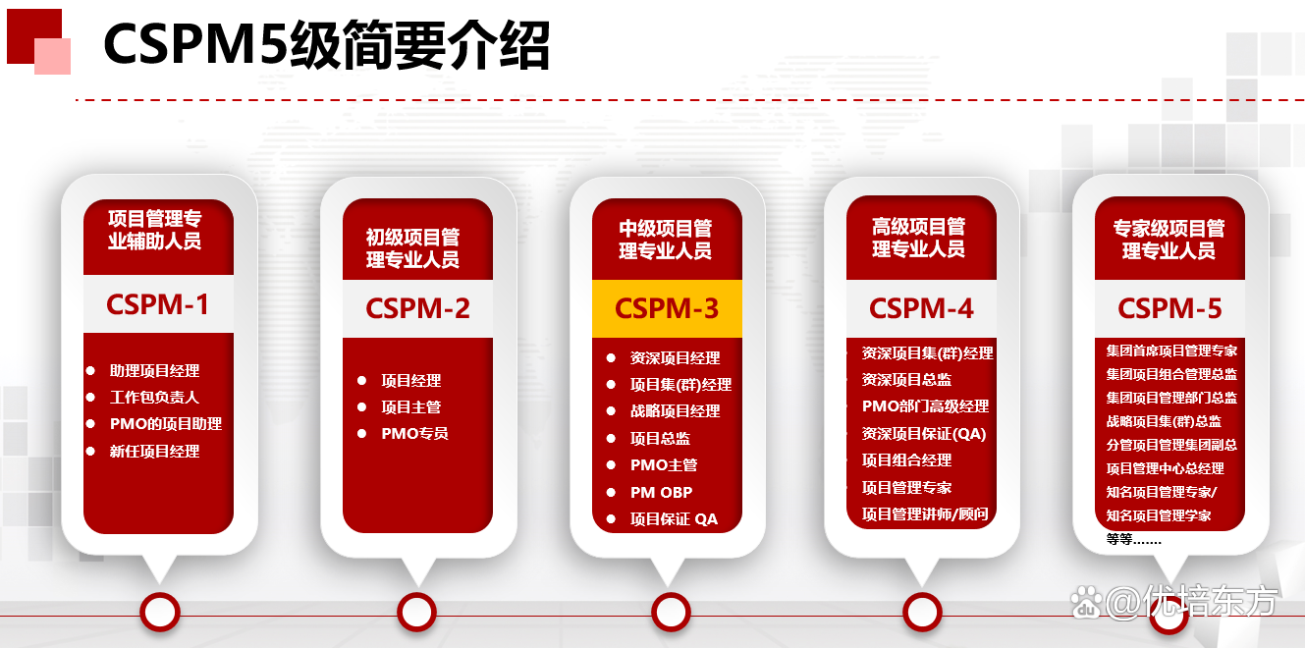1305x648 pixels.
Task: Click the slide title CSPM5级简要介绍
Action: [326, 45]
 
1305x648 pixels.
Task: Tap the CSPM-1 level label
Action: [158, 304]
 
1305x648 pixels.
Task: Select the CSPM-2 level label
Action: [417, 308]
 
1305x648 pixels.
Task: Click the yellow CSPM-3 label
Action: [667, 308]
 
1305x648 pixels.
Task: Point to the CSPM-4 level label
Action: [921, 308]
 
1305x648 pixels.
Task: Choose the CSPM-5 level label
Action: [1169, 308]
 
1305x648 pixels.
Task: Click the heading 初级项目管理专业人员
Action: [412, 248]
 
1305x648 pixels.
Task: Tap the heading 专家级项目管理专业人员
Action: [1169, 239]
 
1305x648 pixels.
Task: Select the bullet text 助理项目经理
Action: [155, 371]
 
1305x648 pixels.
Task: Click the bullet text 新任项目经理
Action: [155, 452]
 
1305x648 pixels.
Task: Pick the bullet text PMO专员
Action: [414, 433]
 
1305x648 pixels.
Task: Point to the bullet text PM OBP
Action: [661, 492]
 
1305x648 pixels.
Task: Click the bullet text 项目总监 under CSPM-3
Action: [660, 439]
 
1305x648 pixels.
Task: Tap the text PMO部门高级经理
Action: [925, 406]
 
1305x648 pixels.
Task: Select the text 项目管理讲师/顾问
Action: [925, 513]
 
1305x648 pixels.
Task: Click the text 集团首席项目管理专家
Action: [1171, 351]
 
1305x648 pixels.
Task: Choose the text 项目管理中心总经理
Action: [1165, 468]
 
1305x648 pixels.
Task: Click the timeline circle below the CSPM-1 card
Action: [159, 613]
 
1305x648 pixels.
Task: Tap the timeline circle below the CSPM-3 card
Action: [671, 613]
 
